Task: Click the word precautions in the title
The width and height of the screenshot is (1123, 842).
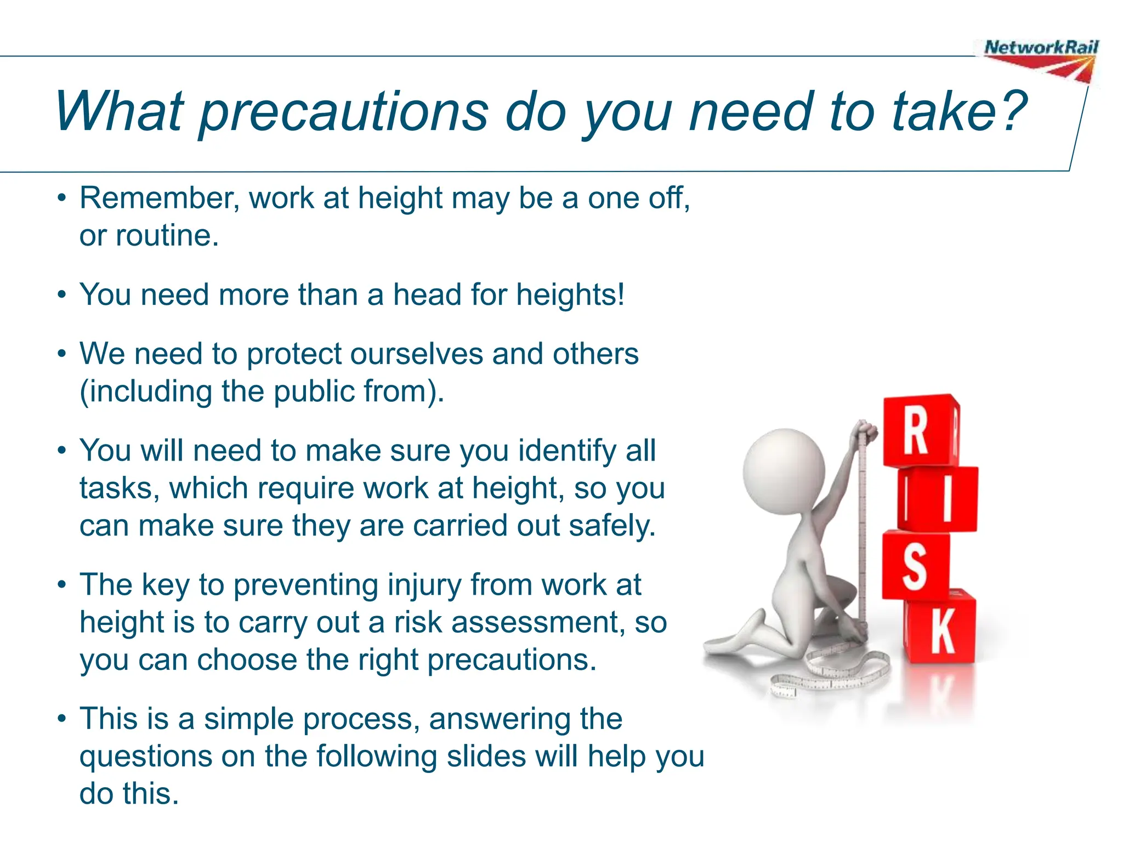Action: pyautogui.click(x=344, y=112)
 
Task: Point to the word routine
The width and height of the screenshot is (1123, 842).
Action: pyautogui.click(x=167, y=236)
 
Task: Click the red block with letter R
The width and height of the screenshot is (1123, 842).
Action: pyautogui.click(x=920, y=431)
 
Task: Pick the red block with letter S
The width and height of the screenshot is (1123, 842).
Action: pyautogui.click(x=915, y=565)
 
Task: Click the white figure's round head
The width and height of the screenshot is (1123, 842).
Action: pyautogui.click(x=784, y=471)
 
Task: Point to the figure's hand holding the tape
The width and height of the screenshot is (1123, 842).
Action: pyautogui.click(x=863, y=431)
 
